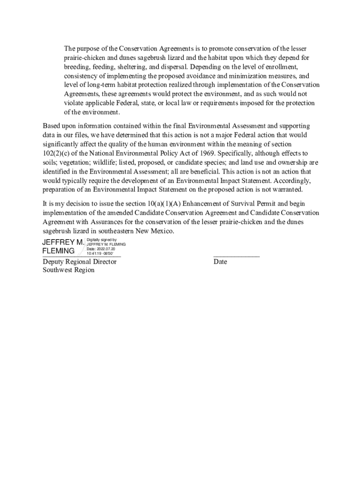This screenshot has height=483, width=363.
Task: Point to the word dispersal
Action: [x=174, y=67]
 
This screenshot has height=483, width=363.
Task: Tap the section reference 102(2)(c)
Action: [x=58, y=153]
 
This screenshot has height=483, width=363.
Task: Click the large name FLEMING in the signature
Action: [x=58, y=251]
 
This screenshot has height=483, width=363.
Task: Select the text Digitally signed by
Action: [x=101, y=240]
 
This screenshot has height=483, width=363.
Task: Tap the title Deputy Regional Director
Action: [x=79, y=262]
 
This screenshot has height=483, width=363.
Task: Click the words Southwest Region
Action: [x=68, y=270]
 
